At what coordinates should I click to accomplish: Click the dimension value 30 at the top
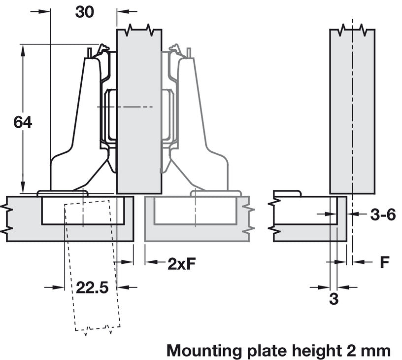point(84,12)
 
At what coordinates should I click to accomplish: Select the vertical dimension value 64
point(23,122)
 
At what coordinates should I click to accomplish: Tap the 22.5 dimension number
point(92,288)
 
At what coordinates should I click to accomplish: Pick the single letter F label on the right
point(384,262)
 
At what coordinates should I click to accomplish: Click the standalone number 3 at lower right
point(334,299)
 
